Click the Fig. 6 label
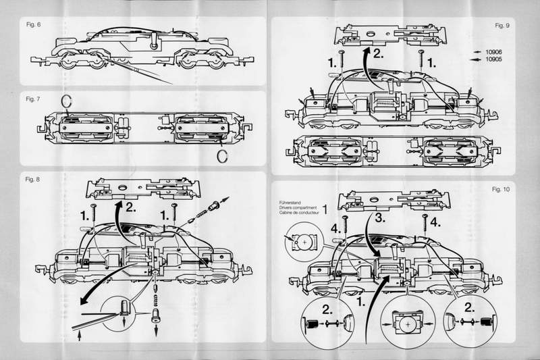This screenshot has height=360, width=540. point(32,25)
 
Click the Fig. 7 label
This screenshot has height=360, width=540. point(32,99)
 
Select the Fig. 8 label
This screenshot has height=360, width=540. point(32,180)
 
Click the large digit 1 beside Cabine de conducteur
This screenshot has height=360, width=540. point(325,207)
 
